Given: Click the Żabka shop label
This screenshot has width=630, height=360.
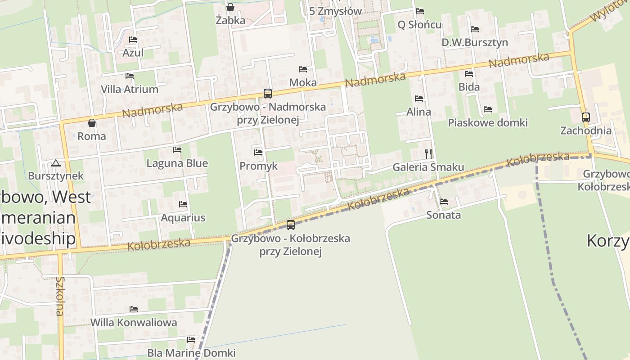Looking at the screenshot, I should (x=230, y=20).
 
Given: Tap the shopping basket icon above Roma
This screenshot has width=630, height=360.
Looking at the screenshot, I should (x=92, y=123).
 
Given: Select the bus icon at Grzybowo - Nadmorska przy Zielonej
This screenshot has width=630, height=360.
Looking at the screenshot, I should (x=268, y=94).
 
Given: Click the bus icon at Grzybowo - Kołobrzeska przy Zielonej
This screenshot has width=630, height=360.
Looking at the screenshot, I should (x=291, y=225).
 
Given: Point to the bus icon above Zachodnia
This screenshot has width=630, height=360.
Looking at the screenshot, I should (x=585, y=117).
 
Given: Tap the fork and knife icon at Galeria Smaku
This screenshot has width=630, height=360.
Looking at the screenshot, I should (x=428, y=154).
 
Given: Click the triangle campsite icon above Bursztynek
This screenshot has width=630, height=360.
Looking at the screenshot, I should (x=56, y=163).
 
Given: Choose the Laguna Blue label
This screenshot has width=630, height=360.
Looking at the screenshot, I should (x=177, y=163).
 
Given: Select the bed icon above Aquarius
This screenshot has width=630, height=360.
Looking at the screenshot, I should (x=183, y=204).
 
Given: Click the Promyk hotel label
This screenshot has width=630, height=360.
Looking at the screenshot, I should (x=258, y=166).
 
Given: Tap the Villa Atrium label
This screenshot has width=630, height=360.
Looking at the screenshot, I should (x=130, y=89).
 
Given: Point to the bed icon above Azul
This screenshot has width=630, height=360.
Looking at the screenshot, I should (x=133, y=40).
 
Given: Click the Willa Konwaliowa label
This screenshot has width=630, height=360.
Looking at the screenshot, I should (x=134, y=323).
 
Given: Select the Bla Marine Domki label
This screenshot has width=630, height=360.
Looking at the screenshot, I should (x=191, y=353).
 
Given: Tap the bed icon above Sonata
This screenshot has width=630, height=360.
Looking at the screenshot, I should (x=444, y=202).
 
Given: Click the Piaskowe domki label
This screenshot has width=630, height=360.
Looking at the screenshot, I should (x=488, y=123).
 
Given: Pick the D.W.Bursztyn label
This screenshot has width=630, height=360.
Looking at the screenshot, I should (x=475, y=43).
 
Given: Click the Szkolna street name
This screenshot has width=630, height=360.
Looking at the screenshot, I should (x=60, y=296).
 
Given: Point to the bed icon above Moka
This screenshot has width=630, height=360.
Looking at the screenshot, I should (x=303, y=69).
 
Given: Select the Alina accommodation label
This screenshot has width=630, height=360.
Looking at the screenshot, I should (x=418, y=112).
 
